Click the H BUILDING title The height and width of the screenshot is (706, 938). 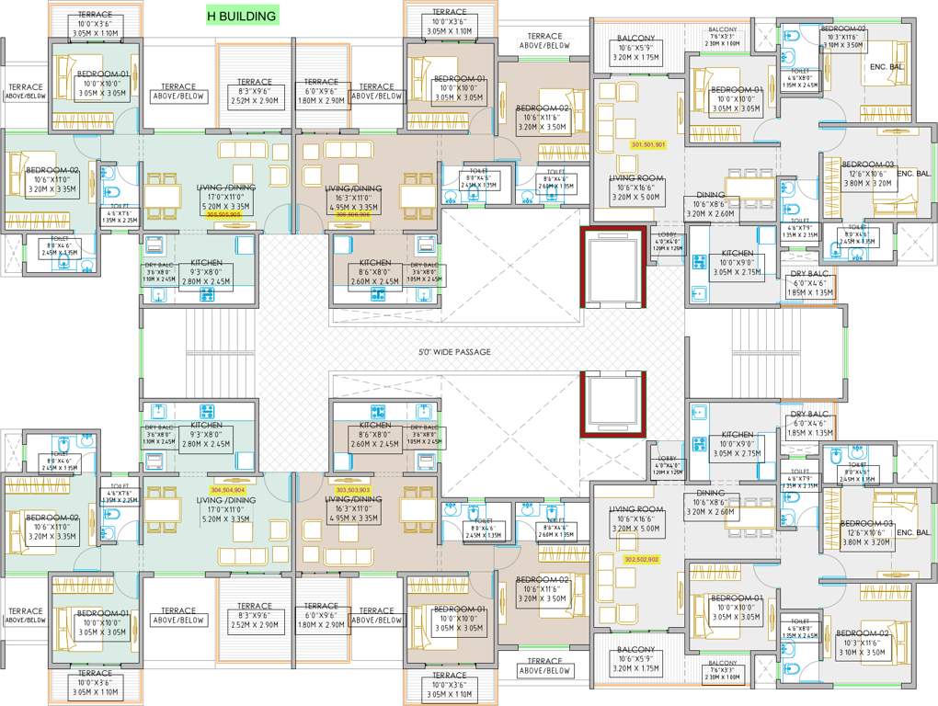point(241,16)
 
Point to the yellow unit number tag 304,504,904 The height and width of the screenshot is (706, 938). point(227,490)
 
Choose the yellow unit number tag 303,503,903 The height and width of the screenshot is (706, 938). point(353,490)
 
